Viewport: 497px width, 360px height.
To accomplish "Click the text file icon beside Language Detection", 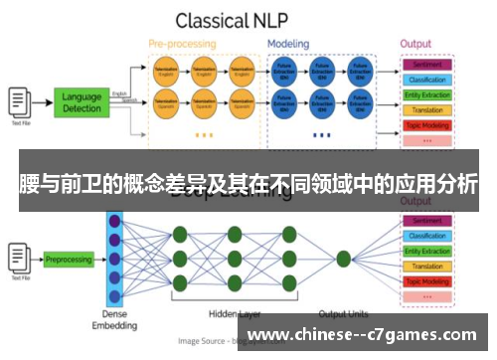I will point(19,100).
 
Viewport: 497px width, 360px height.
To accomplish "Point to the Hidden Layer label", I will point(236,313).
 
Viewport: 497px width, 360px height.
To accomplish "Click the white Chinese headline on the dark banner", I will point(248,184).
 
